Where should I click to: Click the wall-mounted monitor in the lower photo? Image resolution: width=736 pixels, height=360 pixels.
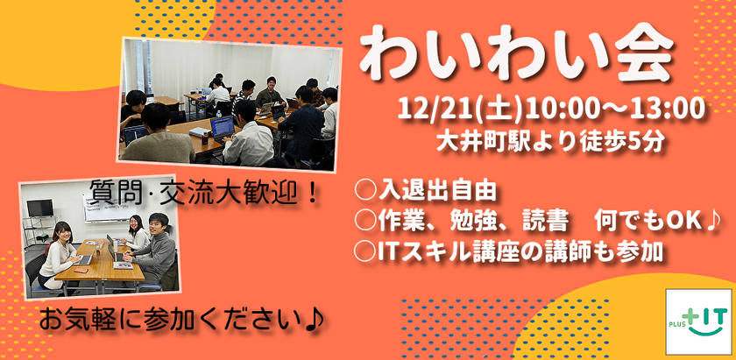[x=39, y=208]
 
